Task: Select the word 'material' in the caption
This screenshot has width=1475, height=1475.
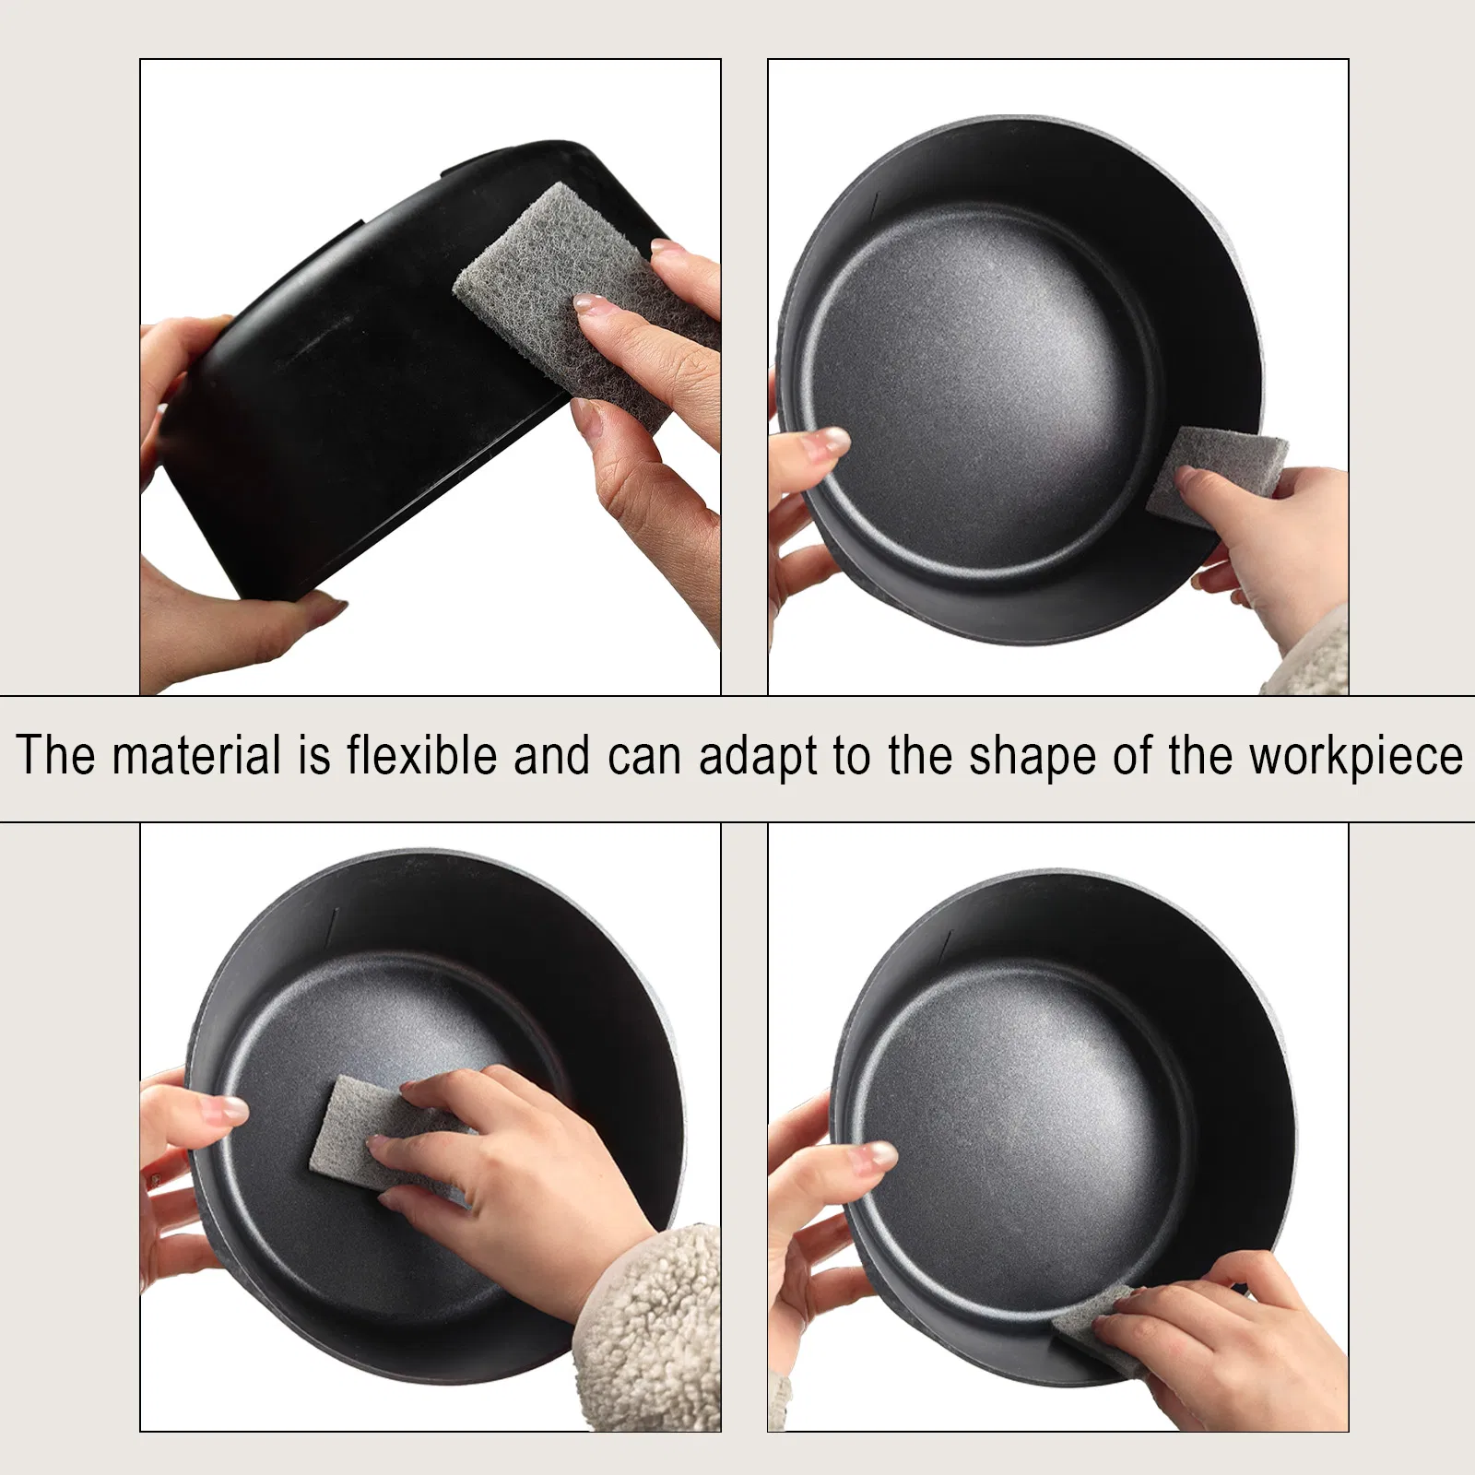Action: (x=196, y=755)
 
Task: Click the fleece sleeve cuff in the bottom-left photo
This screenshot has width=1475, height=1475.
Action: (x=645, y=1327)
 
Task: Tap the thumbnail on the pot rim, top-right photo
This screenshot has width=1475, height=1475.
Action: (x=826, y=442)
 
